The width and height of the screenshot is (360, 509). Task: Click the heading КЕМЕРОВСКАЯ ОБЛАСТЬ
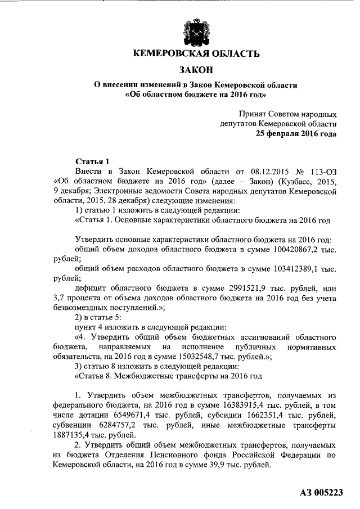(x=196, y=55)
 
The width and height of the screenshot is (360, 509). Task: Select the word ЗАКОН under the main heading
(x=196, y=70)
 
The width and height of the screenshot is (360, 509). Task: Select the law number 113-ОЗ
(x=321, y=171)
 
